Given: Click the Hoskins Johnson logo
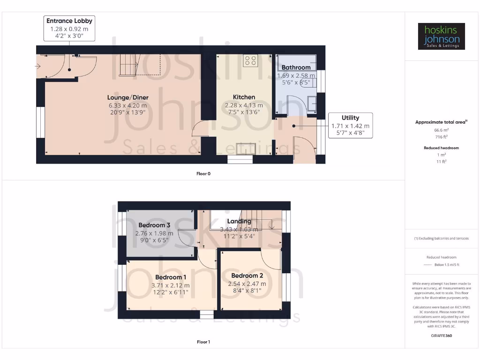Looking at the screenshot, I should click(441, 37).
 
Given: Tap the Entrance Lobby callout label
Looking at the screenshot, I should click(69, 21).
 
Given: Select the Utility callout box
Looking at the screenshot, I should click(350, 125).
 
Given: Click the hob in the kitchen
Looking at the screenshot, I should click(250, 60).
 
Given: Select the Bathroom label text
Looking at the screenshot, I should click(296, 67).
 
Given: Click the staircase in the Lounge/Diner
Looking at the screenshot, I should click(128, 65).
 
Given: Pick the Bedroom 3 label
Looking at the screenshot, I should click(154, 225).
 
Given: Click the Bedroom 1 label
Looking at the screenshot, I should click(171, 277).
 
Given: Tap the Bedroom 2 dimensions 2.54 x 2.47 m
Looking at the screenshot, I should click(247, 284).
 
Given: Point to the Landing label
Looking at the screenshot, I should click(239, 221).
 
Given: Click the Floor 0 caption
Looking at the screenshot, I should click(203, 173).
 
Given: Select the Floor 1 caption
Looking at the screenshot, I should click(203, 342).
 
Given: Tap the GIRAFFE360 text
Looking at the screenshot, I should click(441, 336).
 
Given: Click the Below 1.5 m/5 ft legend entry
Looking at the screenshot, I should click(447, 265).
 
